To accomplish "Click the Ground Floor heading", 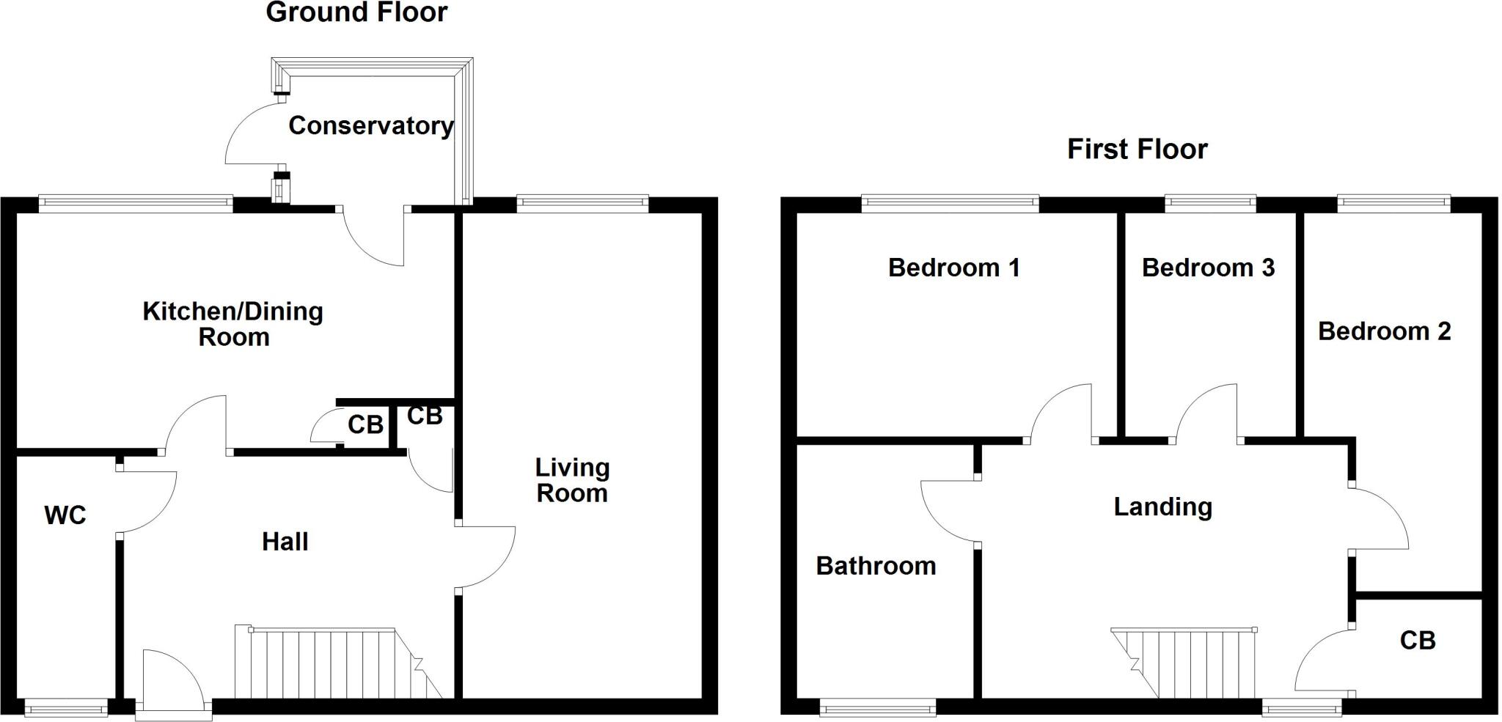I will click(x=356, y=12).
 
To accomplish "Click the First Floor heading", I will click(x=1137, y=150).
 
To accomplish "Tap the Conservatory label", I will click(x=371, y=126).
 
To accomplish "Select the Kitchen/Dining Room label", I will click(x=232, y=324).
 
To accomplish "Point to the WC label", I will click(x=65, y=515).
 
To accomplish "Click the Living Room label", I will click(x=572, y=480).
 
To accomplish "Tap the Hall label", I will click(x=285, y=542).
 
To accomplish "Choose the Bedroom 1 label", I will click(x=953, y=268).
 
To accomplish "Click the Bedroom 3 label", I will click(x=1208, y=268).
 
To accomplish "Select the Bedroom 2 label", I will click(x=1384, y=331).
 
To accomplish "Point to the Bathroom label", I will click(x=876, y=566).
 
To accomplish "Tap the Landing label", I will click(x=1162, y=507).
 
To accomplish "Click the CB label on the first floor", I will click(x=1417, y=641).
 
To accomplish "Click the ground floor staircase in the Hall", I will click(x=337, y=663).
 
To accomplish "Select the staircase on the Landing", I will click(x=1188, y=663).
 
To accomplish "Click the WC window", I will click(x=65, y=707).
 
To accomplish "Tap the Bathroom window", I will click(x=877, y=707).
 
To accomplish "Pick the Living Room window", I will click(x=582, y=203).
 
